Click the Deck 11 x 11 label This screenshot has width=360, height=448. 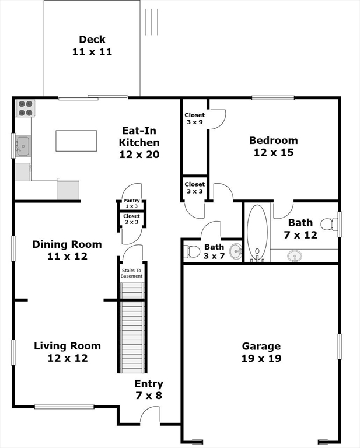tap(92, 45)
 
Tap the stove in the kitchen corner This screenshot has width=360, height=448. tap(25, 108)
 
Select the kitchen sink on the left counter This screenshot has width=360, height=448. tap(23, 146)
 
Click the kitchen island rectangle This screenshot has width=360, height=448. tap(76, 141)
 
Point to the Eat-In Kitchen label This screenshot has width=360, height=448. tap(139, 143)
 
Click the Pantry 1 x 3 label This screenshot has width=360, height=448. tap(131, 204)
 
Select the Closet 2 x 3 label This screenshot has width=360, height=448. tap(131, 219)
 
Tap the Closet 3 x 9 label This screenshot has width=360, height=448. tap(195, 119)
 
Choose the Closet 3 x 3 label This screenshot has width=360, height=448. tap(195, 188)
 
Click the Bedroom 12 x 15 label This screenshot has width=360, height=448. tap(273, 146)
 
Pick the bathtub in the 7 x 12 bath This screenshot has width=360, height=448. tap(257, 233)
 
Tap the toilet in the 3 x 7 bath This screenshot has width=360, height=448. tap(191, 252)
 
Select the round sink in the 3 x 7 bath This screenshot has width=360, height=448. tap(235, 252)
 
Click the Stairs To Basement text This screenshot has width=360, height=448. tap(131, 273)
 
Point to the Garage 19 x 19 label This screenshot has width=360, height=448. tap(261, 352)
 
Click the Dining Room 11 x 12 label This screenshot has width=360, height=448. tap(67, 250)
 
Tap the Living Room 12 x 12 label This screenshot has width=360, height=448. tap(67, 352)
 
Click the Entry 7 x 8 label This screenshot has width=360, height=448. tap(149, 390)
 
